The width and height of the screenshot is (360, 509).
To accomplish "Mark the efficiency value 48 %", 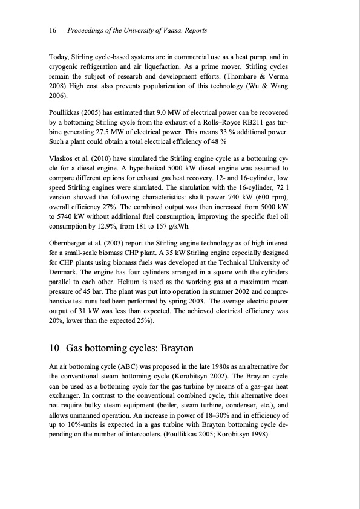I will [x=216, y=141].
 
